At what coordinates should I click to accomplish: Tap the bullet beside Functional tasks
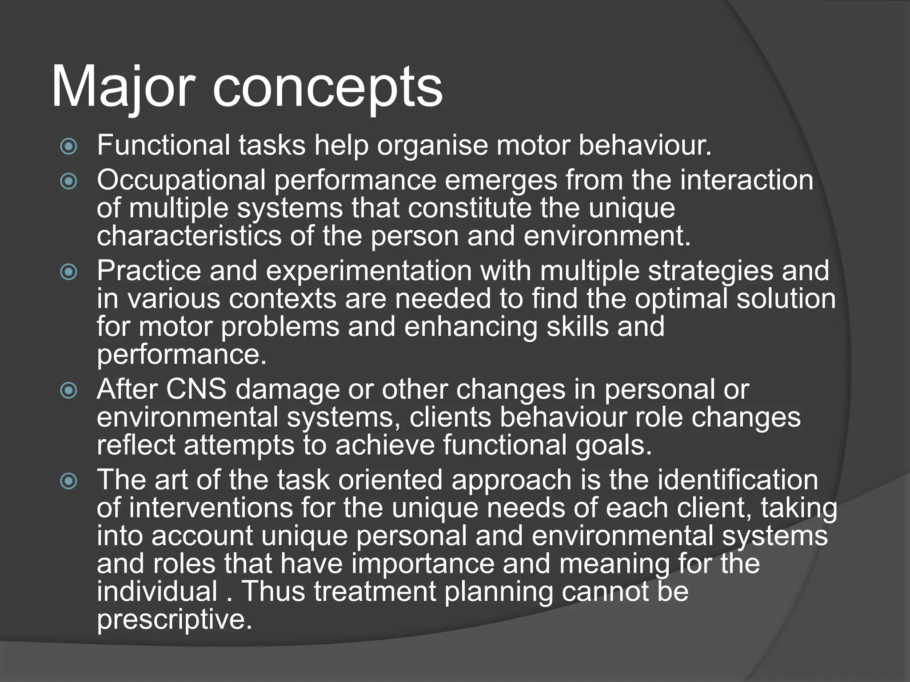click(x=69, y=147)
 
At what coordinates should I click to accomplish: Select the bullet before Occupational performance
click(x=69, y=181)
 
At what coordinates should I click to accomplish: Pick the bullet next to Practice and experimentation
click(x=69, y=272)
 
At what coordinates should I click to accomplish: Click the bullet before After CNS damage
click(x=69, y=391)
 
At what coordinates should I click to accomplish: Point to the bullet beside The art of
click(x=69, y=481)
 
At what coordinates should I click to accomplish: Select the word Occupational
click(x=181, y=181)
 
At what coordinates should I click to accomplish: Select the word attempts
click(x=239, y=446)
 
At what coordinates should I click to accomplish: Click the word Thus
click(x=273, y=592)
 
